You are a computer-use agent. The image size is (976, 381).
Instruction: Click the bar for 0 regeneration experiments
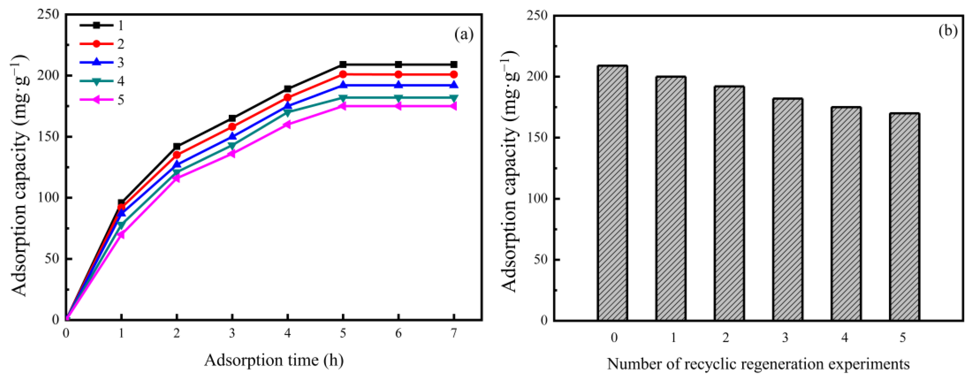pos(613,193)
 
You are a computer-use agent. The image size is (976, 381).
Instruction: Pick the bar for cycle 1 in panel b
pos(671,198)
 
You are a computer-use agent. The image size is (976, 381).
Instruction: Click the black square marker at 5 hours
pos(343,64)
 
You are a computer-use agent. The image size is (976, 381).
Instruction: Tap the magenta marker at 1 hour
pos(121,235)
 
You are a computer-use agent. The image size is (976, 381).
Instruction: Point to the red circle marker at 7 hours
pos(453,74)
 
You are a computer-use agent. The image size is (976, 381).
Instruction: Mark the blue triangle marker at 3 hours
pos(232,136)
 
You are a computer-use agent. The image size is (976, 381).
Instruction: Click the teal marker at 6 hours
pos(398,98)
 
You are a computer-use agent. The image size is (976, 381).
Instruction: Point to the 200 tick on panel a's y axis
pos(49,75)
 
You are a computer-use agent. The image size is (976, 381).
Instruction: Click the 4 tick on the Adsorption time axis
pos(288,333)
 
